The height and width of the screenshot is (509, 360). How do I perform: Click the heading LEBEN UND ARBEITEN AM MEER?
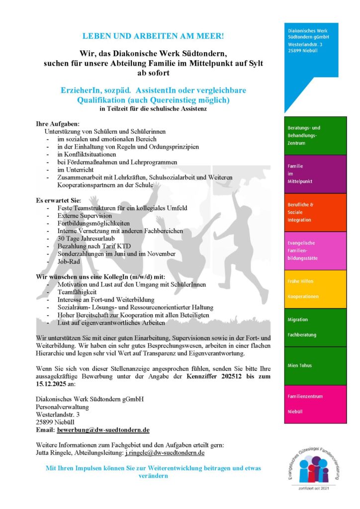coord(153,37)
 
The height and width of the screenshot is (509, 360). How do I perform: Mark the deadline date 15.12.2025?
coord(54,384)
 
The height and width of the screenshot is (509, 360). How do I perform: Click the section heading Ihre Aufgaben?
coord(58,123)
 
